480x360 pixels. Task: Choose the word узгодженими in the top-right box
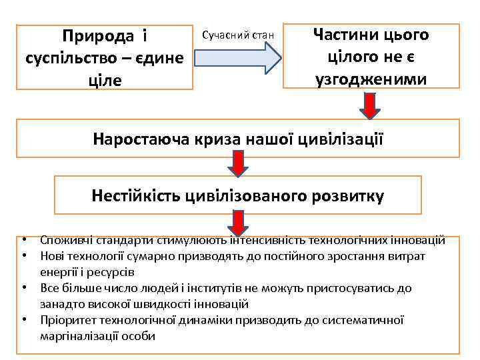pos(371,79)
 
